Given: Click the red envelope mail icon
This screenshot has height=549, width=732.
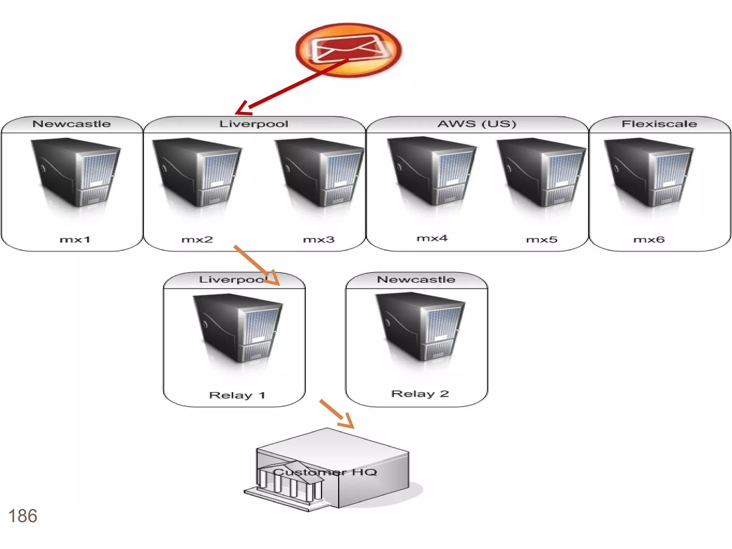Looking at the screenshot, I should click(x=348, y=50).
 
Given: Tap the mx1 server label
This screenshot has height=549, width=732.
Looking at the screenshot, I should click(x=75, y=239).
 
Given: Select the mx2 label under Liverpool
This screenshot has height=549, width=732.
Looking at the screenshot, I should click(x=197, y=239).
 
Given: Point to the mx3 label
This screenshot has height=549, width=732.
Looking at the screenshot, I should click(x=319, y=239).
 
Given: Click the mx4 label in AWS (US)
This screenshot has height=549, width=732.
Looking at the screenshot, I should click(x=432, y=238).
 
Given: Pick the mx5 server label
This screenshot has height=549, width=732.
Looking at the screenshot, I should click(x=542, y=239).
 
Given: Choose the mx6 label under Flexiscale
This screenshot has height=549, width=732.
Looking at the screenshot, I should click(x=649, y=239).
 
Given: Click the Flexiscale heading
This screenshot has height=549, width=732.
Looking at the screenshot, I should click(x=659, y=124).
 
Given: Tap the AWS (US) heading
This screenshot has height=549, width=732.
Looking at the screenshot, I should click(x=477, y=124).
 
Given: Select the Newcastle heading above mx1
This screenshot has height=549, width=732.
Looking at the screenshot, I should click(x=71, y=124).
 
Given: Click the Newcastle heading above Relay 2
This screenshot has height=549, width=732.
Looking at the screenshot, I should click(x=416, y=279).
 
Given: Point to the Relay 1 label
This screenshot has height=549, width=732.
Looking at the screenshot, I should click(x=237, y=395).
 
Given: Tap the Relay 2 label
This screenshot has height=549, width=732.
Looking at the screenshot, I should click(x=420, y=394).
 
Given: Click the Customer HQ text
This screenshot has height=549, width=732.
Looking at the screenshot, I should click(x=325, y=472).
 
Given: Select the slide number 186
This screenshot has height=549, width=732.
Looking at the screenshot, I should click(x=23, y=516).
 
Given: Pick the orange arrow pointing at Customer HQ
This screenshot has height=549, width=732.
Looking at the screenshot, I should click(x=336, y=414).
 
